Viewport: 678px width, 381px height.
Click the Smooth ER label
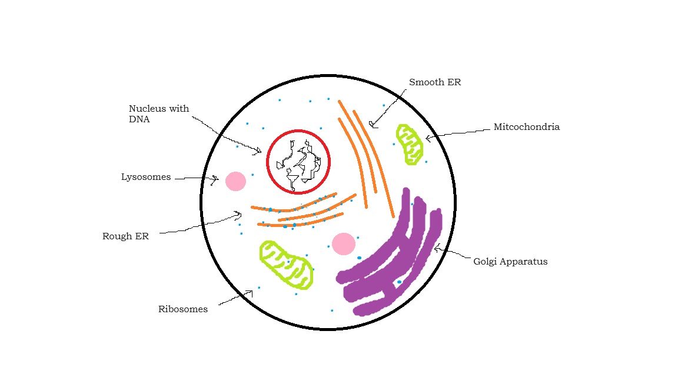(x=435, y=82)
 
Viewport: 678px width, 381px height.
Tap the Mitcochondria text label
(x=527, y=126)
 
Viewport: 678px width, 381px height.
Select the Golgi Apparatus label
(x=510, y=261)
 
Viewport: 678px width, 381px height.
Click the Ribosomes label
(x=183, y=309)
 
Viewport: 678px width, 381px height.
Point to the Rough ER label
(x=125, y=236)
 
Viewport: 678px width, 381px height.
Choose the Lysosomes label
(x=146, y=177)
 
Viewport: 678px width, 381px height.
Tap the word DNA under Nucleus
(x=139, y=119)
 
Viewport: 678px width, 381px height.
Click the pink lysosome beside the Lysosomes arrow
(x=235, y=182)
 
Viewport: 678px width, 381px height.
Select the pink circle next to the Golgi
(x=344, y=244)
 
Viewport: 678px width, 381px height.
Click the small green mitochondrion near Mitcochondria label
(x=410, y=145)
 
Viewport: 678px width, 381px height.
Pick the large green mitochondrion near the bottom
(x=286, y=265)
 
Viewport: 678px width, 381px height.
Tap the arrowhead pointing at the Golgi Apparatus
(x=437, y=248)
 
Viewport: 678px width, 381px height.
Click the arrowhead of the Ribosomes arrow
(x=250, y=294)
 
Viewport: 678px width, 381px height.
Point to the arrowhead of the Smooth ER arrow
(x=373, y=125)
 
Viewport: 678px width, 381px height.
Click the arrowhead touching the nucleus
(x=258, y=151)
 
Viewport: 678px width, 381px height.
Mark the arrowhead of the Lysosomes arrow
(x=214, y=180)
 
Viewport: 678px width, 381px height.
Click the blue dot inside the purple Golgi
(x=400, y=282)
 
